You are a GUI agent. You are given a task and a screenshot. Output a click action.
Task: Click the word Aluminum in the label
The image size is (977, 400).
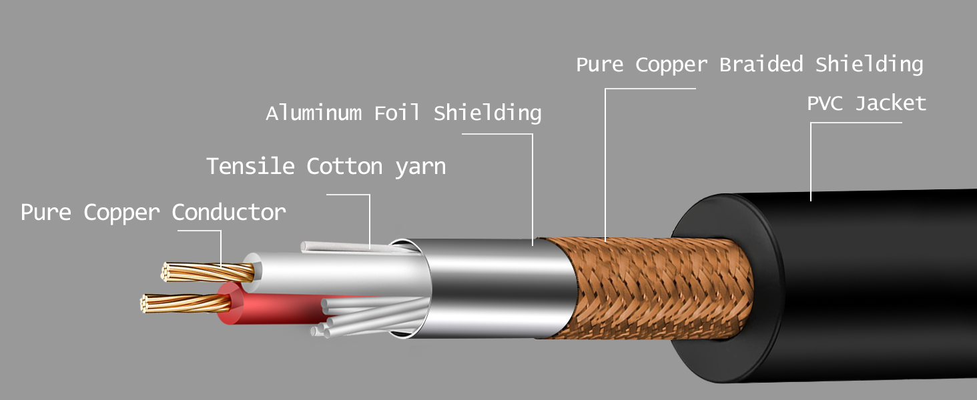coord(314,113)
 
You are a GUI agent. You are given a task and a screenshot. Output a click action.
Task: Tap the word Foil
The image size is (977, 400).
coord(397,113)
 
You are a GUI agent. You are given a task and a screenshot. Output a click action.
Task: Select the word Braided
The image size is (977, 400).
coord(761,65)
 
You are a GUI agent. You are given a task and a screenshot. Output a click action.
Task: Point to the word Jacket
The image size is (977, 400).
coord(891,104)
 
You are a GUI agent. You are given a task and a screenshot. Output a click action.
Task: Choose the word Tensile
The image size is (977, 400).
coord(250,166)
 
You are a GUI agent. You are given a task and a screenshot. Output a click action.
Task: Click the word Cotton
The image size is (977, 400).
coord(344,166)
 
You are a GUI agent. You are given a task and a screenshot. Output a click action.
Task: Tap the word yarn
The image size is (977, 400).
coord(420,166)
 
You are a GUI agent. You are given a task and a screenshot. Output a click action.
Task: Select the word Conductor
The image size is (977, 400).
coord(229,213)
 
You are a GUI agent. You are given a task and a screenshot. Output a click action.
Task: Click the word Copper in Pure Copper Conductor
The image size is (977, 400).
coord(121,213)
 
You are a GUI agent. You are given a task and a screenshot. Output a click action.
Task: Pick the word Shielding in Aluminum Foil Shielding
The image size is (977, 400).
coord(487,113)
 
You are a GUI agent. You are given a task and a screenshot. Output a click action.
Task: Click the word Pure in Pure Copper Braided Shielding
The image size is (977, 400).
coord(601,65)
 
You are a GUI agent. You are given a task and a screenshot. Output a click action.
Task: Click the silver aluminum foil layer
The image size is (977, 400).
coord(494,287)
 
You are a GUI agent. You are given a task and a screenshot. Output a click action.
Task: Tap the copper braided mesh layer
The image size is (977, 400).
coord(654,287)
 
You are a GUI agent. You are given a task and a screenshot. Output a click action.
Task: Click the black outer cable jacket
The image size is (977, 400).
coord(868,280)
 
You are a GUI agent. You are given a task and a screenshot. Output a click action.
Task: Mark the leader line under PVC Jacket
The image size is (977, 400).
coord(811,160)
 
